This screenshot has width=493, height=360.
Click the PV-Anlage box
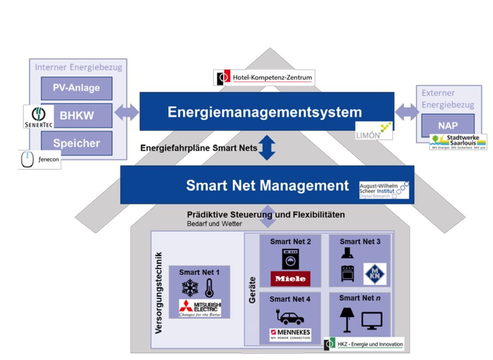click(76, 88)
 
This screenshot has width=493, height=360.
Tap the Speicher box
click(76, 143)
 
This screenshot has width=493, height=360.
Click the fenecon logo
click(39, 160)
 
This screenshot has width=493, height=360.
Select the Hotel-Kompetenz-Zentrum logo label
click(264, 77)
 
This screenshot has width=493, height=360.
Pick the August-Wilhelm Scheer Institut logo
click(384, 189)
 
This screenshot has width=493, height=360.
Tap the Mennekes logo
click(290, 334)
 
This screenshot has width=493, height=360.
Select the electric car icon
click(290, 316)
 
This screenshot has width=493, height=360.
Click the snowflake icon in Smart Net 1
click(190, 287)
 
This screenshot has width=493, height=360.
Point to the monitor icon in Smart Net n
click(372, 320)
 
